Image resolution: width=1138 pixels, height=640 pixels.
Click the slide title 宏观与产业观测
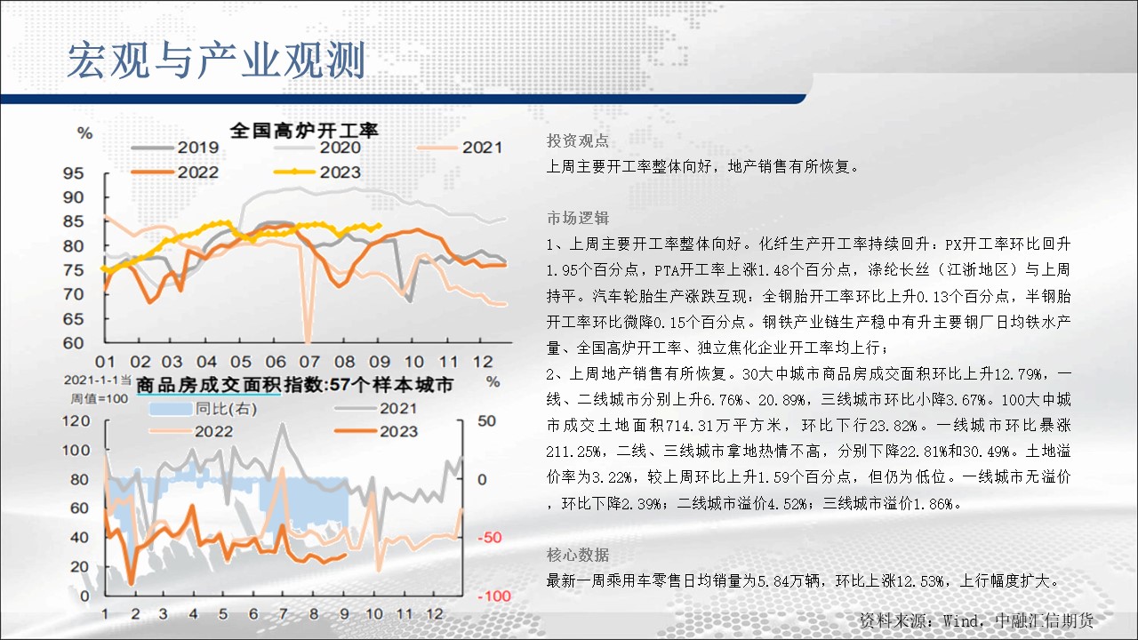(x=216, y=61)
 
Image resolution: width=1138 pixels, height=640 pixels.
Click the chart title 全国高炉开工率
(x=304, y=131)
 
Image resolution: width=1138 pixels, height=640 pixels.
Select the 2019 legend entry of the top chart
(x=175, y=148)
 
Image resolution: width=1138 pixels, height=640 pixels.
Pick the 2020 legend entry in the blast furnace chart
(x=317, y=148)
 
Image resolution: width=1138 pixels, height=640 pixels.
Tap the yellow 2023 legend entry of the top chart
(x=317, y=172)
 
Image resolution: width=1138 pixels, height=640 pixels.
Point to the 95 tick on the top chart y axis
(x=73, y=173)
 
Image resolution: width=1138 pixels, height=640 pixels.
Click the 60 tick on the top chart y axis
(x=73, y=343)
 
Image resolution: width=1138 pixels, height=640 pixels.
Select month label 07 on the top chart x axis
(x=309, y=362)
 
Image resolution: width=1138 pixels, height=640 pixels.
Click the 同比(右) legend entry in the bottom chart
(x=204, y=409)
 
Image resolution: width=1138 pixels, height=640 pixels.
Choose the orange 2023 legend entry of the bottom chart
(x=376, y=432)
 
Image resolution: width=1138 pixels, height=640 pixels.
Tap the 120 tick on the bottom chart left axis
(x=76, y=421)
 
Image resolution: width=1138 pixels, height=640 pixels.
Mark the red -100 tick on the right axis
(x=494, y=596)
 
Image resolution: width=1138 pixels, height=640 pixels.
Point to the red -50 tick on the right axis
(x=490, y=538)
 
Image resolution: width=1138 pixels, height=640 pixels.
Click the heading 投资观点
(x=578, y=140)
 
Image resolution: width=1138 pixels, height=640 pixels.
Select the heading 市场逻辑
(x=578, y=218)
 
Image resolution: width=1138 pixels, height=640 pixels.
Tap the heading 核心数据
(x=578, y=555)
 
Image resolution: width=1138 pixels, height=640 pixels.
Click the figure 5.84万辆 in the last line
(x=791, y=580)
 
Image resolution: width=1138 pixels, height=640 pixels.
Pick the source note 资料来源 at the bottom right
(x=976, y=620)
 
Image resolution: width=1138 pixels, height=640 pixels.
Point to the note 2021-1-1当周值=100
(x=99, y=389)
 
